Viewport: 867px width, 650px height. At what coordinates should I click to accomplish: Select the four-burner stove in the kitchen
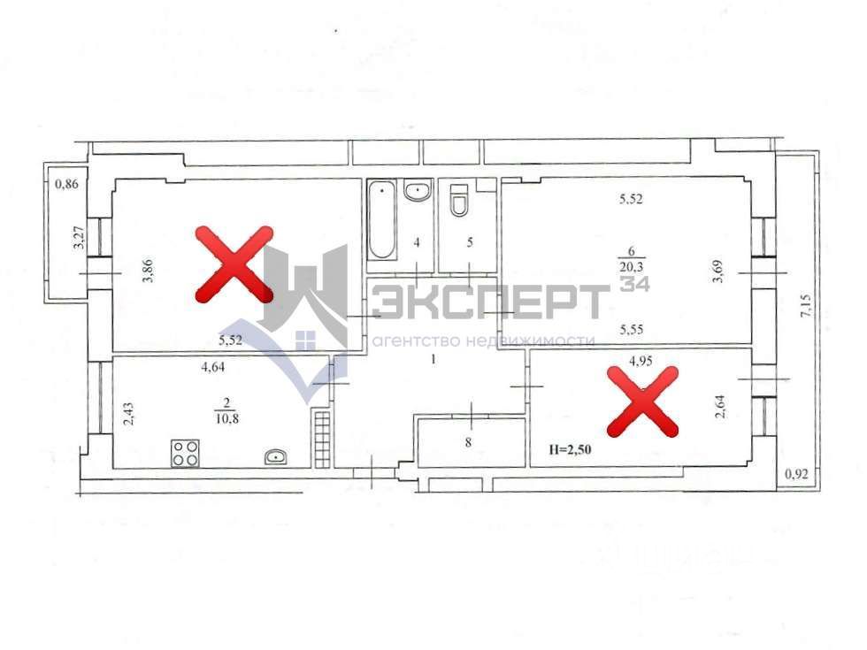point(185,453)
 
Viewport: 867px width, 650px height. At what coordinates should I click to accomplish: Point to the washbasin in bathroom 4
point(417,190)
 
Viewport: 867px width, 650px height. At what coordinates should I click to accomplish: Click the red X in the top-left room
point(234,264)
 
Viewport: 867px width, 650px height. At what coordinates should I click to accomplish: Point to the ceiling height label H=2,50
point(571,449)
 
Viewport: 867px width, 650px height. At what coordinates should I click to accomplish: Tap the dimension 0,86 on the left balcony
point(67,185)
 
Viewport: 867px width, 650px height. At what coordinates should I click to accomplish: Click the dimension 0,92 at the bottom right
point(799,476)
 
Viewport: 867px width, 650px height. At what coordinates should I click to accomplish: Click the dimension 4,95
point(641,361)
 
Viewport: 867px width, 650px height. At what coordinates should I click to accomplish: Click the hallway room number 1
point(433,359)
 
